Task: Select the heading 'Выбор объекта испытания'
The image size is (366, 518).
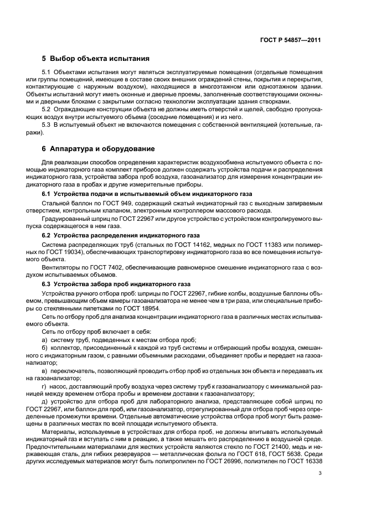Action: click(x=99, y=58)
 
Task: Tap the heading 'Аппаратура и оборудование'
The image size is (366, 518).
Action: click(x=102, y=149)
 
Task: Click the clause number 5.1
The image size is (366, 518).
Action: click(x=47, y=73)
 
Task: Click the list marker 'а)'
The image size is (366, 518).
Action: click(x=45, y=339)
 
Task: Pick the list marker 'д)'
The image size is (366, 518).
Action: click(x=45, y=400)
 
